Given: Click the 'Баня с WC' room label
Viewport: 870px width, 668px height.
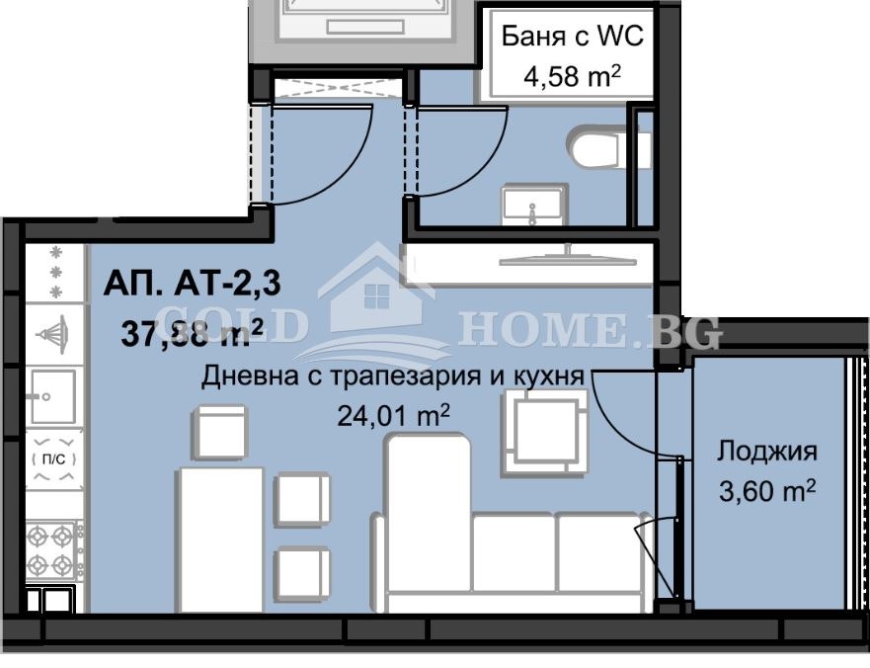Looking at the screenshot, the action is tap(572, 37).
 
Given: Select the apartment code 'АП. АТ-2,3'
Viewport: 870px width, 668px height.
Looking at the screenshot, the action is tap(192, 284).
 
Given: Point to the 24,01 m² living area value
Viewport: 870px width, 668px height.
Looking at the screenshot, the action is tap(401, 416).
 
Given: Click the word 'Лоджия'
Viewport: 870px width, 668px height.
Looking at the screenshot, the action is tap(767, 452).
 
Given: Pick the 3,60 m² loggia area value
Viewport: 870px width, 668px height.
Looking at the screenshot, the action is tap(767, 491).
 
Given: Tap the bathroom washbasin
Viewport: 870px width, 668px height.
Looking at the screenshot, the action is tap(534, 205).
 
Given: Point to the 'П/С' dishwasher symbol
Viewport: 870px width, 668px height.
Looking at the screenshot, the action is tap(54, 459).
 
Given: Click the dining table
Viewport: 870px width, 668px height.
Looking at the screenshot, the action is tap(220, 540).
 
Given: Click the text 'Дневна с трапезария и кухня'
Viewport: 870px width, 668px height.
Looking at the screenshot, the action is tap(393, 377).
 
